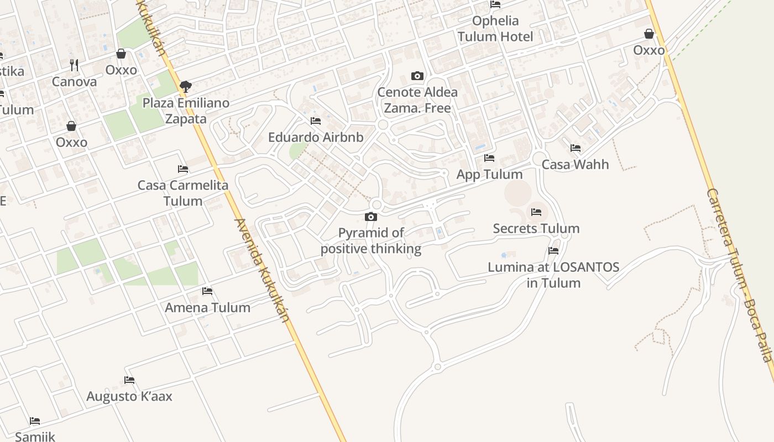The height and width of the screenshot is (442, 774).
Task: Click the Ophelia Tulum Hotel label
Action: click(495, 29)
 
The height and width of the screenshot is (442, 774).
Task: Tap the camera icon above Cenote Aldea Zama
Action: click(417, 76)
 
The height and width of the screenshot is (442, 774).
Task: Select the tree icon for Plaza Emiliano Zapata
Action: click(186, 86)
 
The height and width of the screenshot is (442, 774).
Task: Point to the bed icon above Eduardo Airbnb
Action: click(316, 121)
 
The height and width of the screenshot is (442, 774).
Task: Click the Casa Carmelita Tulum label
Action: click(183, 193)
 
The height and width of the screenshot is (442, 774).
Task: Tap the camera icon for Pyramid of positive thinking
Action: click(371, 217)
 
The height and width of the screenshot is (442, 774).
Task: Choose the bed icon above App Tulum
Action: click(489, 158)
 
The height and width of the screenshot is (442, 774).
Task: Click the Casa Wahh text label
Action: click(575, 164)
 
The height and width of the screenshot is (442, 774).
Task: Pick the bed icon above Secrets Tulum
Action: click(536, 212)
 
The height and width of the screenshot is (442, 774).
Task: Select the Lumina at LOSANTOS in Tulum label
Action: click(553, 275)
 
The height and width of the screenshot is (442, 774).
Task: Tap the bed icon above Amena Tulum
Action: click(207, 291)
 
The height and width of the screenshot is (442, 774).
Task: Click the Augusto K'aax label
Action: click(129, 396)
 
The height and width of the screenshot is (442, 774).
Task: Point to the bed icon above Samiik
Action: click(35, 421)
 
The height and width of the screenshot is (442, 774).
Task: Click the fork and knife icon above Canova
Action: click(74, 65)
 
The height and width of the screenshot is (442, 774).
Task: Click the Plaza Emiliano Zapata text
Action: click(186, 110)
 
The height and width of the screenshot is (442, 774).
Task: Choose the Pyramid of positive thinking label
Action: click(371, 240)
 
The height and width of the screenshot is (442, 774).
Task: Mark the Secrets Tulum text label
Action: click(536, 228)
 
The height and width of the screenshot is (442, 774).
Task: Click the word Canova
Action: click(74, 82)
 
